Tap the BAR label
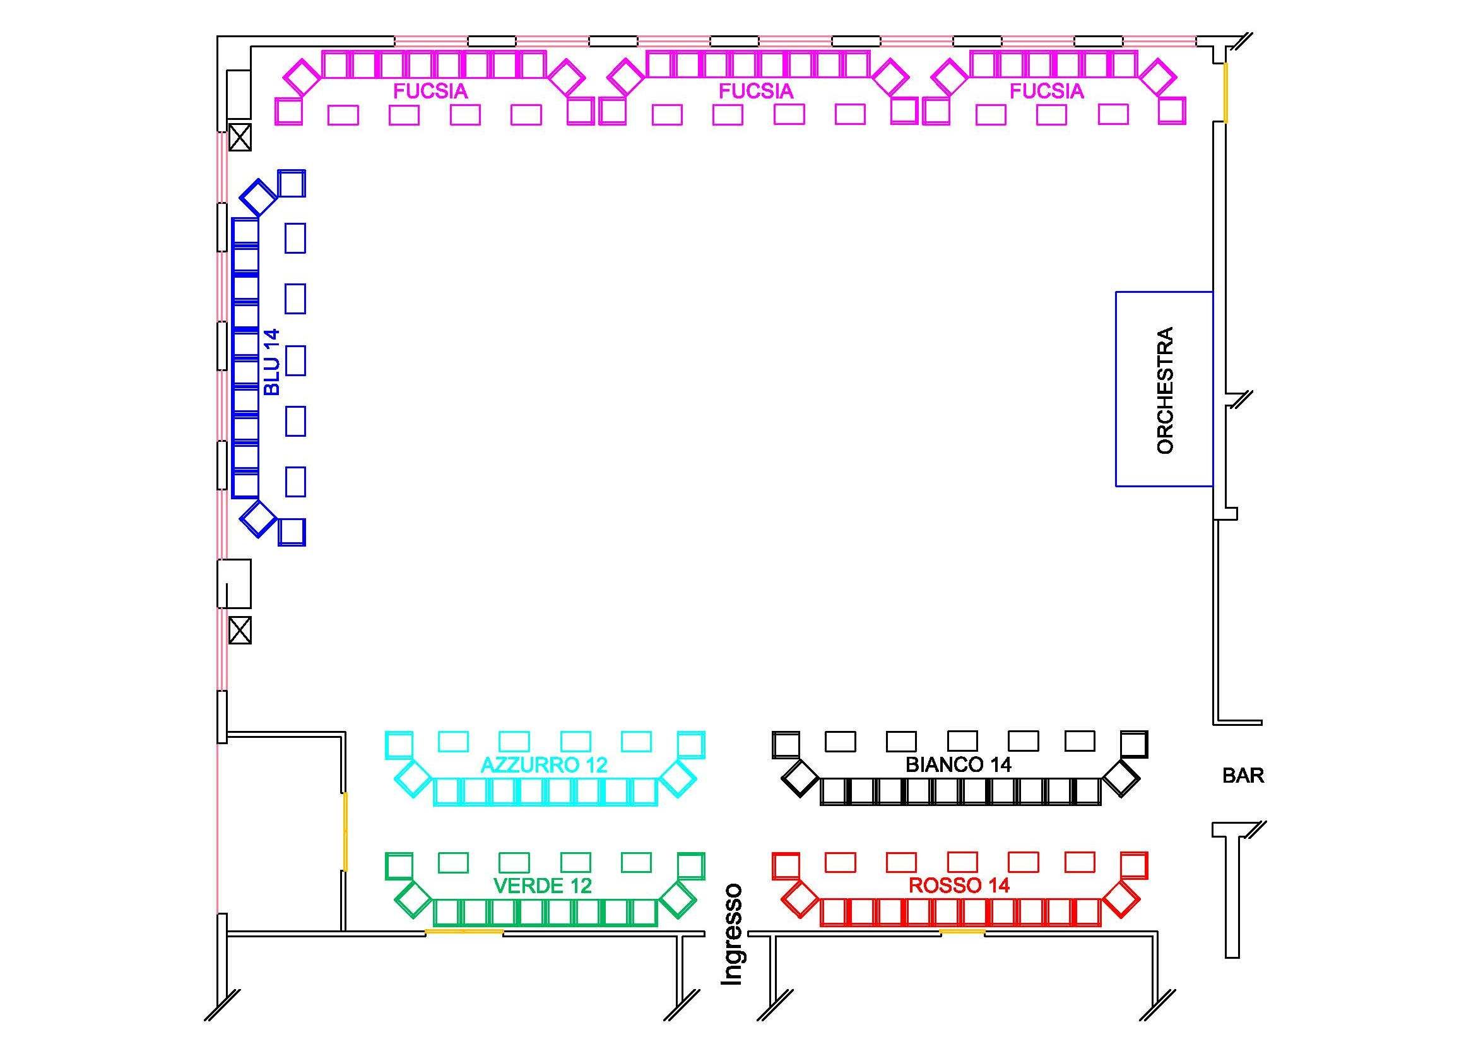click(1243, 776)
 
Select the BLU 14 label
click(272, 362)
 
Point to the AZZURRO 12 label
click(544, 765)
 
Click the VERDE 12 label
click(543, 886)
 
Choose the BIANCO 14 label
click(959, 764)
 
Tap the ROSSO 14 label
click(959, 885)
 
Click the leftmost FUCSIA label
click(430, 92)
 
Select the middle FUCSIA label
click(755, 92)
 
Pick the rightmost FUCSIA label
click(1046, 92)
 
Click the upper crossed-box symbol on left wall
click(240, 137)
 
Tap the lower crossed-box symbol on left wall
click(240, 630)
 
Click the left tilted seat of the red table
click(800, 899)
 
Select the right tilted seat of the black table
click(1121, 778)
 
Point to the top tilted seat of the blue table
click(259, 197)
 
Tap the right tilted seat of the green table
click(678, 899)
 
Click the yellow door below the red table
click(962, 931)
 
